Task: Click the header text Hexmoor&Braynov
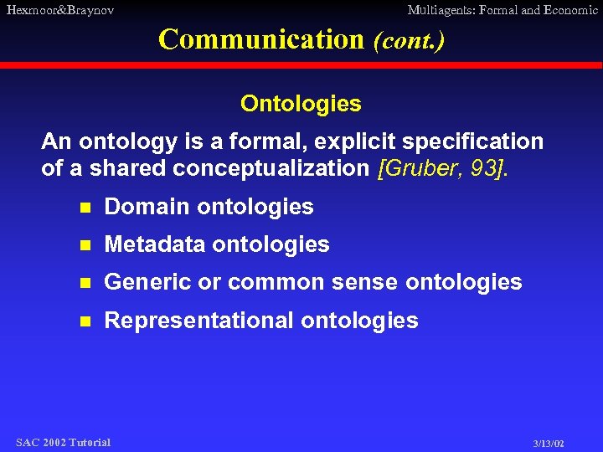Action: coord(59,10)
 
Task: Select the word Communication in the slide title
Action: coord(260,39)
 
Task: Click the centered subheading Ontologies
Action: coord(301,104)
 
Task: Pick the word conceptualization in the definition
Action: coord(271,168)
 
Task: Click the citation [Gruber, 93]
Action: coord(443,168)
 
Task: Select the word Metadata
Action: coord(155,244)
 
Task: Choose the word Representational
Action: coord(198,321)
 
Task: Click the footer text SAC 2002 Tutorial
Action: coord(63,442)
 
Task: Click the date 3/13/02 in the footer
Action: coord(549,443)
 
